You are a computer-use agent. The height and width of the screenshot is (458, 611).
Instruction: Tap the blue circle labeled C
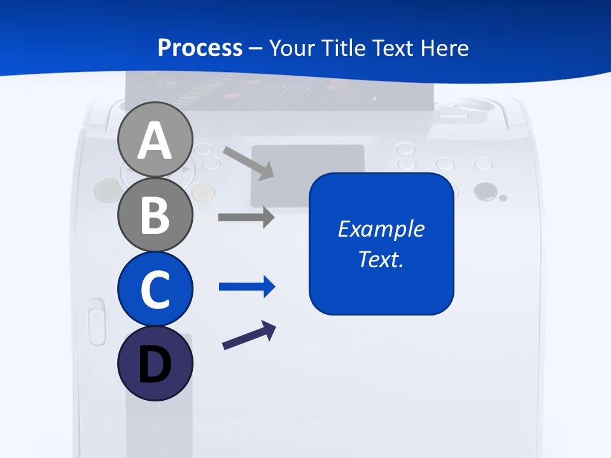tap(155, 289)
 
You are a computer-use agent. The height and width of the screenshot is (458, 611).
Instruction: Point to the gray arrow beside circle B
tap(246, 217)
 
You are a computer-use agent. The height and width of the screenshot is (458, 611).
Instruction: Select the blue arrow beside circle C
tap(247, 287)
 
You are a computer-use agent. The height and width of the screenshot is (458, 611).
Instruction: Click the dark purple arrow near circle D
tap(249, 336)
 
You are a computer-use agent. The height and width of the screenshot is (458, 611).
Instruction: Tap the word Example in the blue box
tap(381, 229)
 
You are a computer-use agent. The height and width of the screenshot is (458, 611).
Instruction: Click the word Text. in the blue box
tap(381, 259)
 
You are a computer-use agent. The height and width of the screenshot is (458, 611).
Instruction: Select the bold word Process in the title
tap(200, 48)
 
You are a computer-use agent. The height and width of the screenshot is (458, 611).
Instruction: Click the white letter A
tap(155, 141)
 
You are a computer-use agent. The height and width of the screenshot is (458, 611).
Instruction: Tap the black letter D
tap(155, 365)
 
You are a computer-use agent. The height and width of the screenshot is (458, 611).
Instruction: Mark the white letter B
tap(155, 215)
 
